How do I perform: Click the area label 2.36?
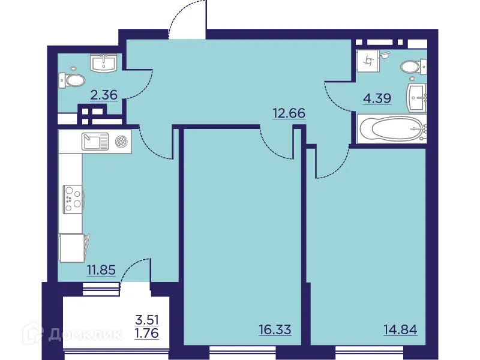click(x=103, y=94)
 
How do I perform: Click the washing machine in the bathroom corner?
click(x=367, y=60)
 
